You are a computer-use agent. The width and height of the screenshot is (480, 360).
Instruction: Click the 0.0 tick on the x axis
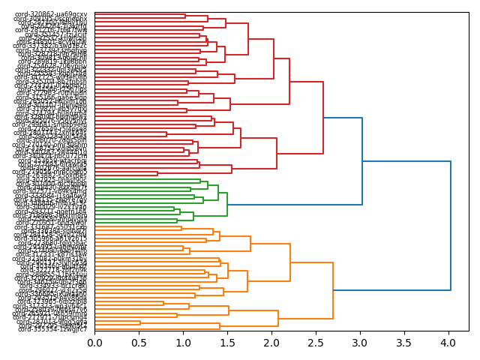pyautogui.click(x=94, y=343)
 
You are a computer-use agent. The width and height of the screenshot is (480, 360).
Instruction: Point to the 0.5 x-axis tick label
pyautogui.click(x=139, y=343)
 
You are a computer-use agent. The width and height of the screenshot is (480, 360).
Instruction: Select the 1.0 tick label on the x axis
pyautogui.click(x=183, y=343)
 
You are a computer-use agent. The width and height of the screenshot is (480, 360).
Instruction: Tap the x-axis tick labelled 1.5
pyautogui.click(x=227, y=343)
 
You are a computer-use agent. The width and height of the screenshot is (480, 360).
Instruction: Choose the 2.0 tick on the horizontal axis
pyautogui.click(x=271, y=343)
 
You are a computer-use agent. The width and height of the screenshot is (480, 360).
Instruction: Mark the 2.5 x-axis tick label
pyautogui.click(x=316, y=343)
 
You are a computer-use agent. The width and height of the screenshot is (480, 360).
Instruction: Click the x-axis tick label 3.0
pyautogui.click(x=360, y=343)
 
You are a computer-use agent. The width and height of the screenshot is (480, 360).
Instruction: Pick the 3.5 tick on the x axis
pyautogui.click(x=404, y=343)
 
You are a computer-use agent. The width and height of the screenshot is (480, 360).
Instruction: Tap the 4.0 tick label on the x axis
pyautogui.click(x=448, y=343)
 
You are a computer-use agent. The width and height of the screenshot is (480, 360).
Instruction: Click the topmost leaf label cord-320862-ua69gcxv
pyautogui.click(x=49, y=14)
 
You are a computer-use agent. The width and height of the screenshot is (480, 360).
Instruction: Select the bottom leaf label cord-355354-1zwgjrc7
pyautogui.click(x=49, y=328)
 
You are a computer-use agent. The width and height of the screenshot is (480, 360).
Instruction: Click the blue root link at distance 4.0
pyautogui.click(x=451, y=225)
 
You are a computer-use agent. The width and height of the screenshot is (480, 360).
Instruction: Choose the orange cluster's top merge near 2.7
pyautogui.click(x=333, y=290)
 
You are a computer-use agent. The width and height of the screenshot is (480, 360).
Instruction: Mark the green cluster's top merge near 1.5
pyautogui.click(x=227, y=195)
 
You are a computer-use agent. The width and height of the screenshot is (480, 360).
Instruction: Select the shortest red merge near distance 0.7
pyautogui.click(x=157, y=174)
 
